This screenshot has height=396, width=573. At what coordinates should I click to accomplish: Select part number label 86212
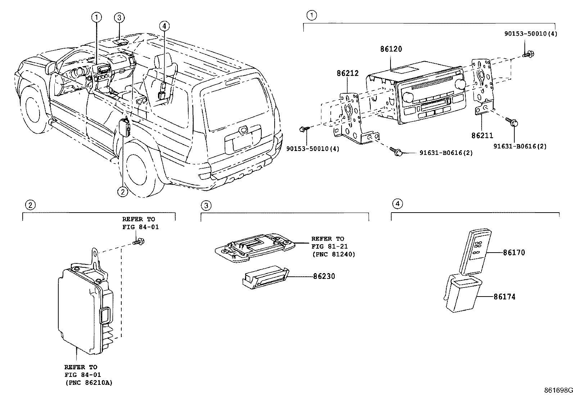coord(348,74)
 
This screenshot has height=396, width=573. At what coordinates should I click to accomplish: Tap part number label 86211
coord(482,135)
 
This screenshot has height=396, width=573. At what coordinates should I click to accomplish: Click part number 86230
coord(324,277)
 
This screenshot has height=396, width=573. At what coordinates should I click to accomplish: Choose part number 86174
coord(504,297)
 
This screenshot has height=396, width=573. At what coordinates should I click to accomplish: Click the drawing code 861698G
coord(558,390)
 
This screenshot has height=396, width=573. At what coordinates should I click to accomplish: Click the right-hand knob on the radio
coord(460,84)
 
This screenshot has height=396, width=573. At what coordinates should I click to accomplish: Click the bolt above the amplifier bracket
coord(137,242)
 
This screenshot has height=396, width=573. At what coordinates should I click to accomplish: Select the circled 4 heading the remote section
coord(397,204)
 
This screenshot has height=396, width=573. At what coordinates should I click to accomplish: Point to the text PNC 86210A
coord(89,383)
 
